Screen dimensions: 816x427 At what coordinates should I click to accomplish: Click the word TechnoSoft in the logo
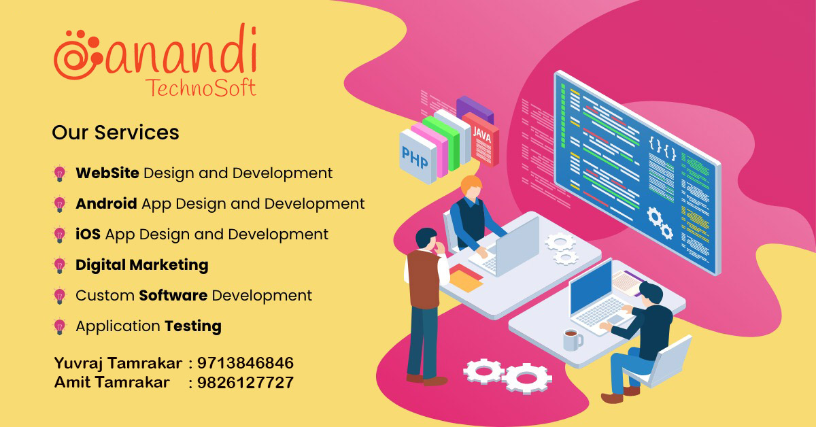[x=201, y=88]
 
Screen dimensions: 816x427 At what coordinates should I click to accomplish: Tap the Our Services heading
[x=116, y=133]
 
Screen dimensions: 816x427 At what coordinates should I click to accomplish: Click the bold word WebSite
[x=107, y=173]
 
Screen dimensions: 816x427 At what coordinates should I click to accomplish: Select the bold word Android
[x=106, y=203]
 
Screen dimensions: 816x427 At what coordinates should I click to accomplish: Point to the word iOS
[x=88, y=234]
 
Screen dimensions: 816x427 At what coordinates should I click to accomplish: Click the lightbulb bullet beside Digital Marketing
[x=60, y=266]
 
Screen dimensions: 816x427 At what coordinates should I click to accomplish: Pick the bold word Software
[x=173, y=295]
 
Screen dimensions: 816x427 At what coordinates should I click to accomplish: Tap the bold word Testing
[x=193, y=326]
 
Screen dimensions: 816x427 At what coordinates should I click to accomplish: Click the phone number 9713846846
[x=245, y=363]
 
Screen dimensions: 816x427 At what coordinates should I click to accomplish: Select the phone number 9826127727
[x=245, y=383]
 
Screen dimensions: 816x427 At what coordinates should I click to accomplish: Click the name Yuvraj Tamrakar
[x=118, y=364]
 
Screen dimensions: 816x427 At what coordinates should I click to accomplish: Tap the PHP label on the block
[x=415, y=157]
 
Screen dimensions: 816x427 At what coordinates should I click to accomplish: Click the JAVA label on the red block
[x=482, y=135]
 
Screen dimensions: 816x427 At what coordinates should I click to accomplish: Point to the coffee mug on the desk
[x=573, y=339]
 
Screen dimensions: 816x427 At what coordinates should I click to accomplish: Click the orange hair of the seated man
[x=471, y=184]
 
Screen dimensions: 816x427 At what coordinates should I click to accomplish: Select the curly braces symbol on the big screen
[x=662, y=148]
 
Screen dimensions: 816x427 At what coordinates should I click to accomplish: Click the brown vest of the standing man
[x=423, y=279]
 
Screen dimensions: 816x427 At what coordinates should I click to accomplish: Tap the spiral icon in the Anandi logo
[x=78, y=55]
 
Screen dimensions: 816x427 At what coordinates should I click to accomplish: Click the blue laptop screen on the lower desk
[x=590, y=288]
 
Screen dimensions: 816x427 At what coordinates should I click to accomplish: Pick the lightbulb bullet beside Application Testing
[x=60, y=327]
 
